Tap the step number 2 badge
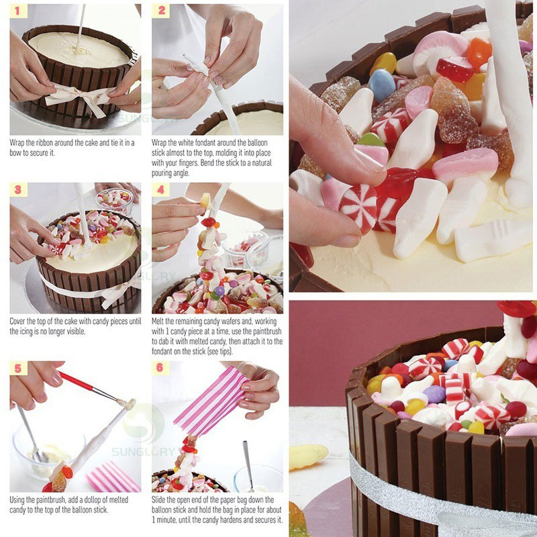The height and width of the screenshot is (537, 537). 161,11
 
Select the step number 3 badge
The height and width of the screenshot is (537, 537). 19,189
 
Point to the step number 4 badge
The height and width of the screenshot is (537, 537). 161,189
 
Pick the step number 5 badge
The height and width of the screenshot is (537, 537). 19,368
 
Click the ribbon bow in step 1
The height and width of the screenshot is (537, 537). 81,97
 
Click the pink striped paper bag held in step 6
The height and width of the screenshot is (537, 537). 210,401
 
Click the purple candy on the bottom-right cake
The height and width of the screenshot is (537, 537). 434,394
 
